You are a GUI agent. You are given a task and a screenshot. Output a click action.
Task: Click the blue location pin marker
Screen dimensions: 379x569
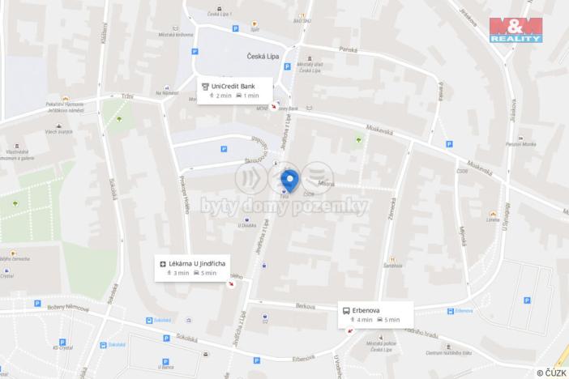point(289,179)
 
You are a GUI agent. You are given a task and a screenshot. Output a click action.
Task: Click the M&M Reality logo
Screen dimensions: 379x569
point(515,29)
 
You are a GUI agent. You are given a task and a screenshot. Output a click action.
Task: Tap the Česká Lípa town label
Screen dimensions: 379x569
point(263,57)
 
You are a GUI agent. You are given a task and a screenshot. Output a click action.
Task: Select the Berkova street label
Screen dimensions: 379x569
point(306,306)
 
